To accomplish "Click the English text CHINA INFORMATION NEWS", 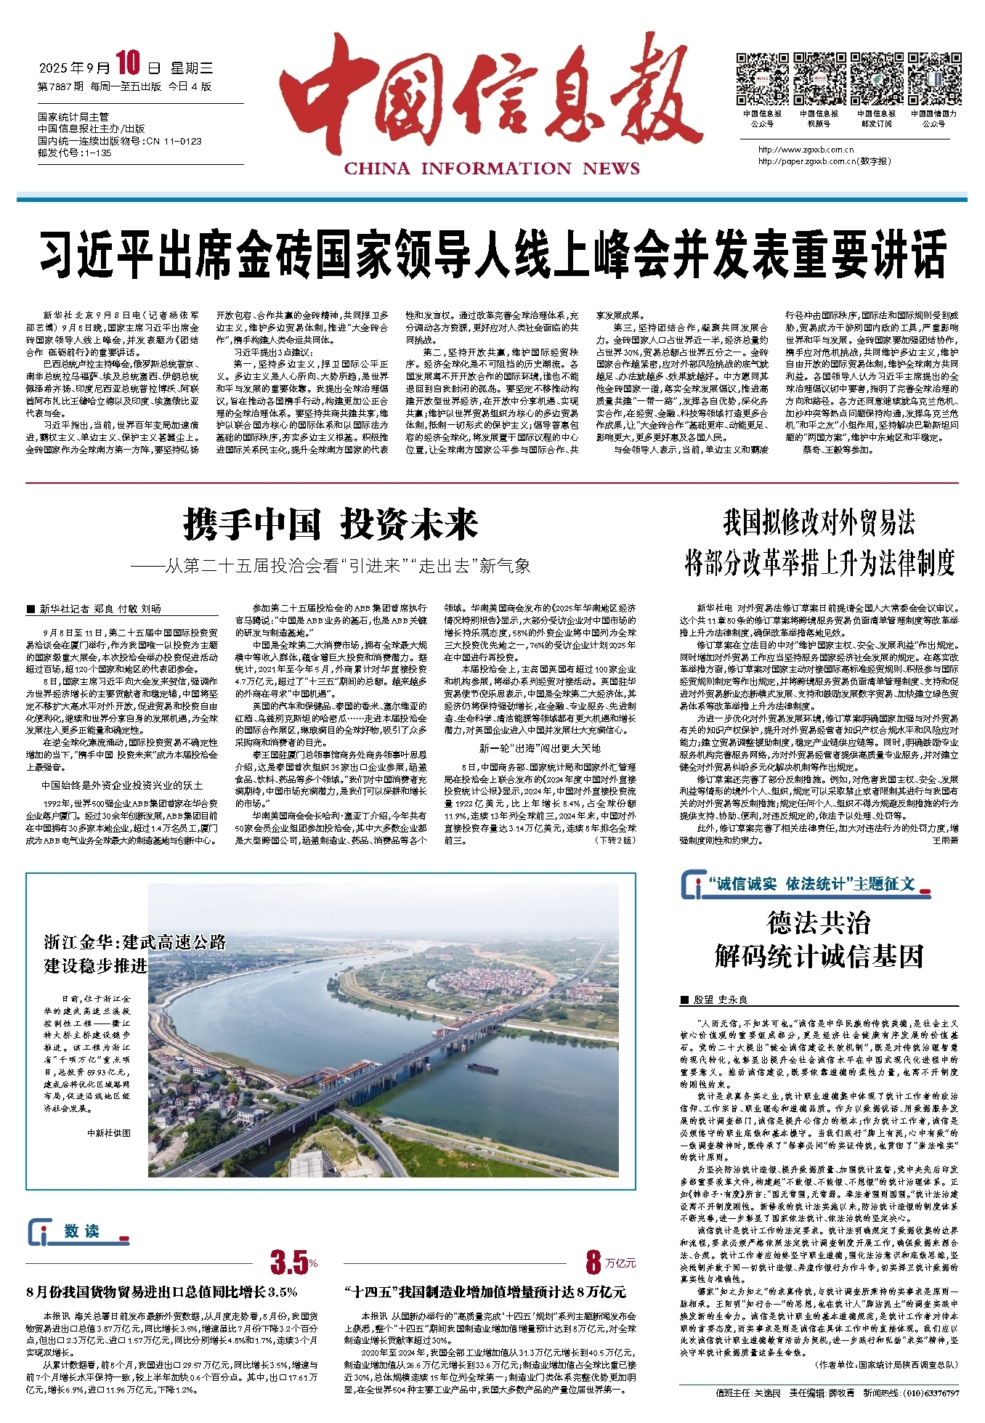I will pos(492,169).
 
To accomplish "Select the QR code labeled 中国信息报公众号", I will pos(762,78).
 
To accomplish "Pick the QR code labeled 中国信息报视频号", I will pos(819,78).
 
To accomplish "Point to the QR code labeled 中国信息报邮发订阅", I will pos(876,78).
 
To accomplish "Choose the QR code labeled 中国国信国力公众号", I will pos(933,78).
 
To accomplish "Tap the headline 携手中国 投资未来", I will pos(331,524).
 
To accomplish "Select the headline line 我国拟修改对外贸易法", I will pos(819,523).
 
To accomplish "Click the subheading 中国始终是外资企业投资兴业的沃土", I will pos(122,785).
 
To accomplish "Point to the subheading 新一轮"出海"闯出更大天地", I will pos(540,747).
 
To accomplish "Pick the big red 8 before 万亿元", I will pos(593,1263).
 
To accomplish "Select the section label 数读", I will pos(81,1231).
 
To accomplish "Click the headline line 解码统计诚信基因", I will pos(819,957).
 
